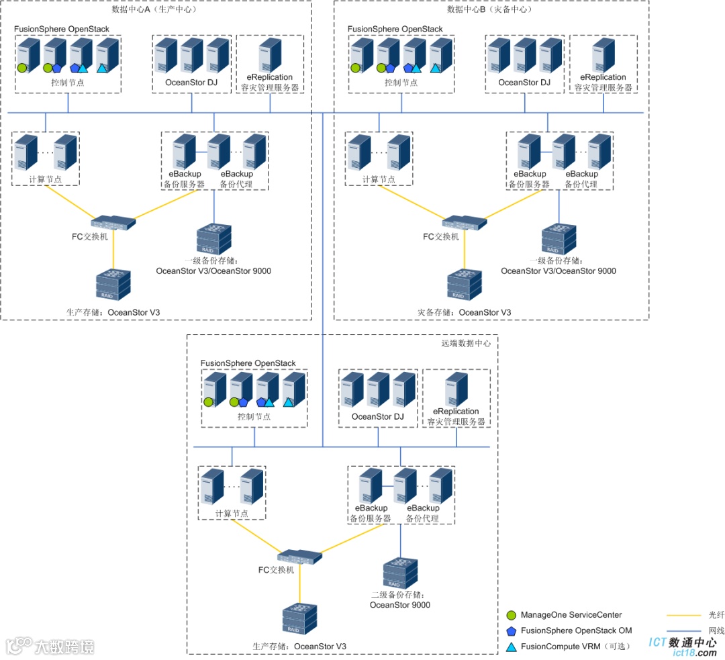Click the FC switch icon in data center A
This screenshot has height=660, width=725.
(113, 222)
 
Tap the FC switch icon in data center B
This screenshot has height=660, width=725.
(465, 222)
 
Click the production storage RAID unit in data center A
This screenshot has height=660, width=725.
(113, 285)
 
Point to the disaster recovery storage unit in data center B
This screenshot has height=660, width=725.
(464, 285)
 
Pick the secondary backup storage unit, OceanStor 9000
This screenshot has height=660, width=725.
(401, 573)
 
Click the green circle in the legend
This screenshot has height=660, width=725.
(511, 615)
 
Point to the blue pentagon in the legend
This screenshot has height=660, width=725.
(511, 631)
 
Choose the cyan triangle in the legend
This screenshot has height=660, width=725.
(511, 647)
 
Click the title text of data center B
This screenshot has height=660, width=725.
(489, 9)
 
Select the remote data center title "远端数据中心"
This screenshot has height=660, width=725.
(466, 343)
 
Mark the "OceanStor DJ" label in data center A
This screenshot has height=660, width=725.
(192, 83)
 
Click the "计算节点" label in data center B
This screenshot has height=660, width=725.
(379, 179)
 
